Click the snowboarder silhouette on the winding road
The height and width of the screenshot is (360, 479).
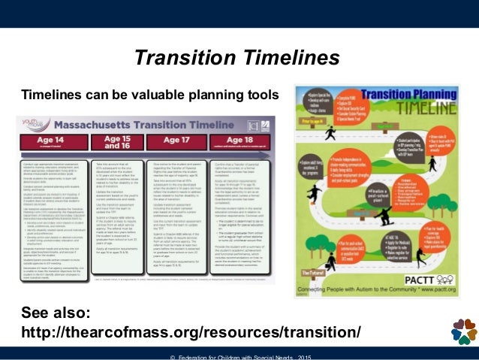pos(384,216)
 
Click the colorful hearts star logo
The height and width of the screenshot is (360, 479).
pos(463,331)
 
